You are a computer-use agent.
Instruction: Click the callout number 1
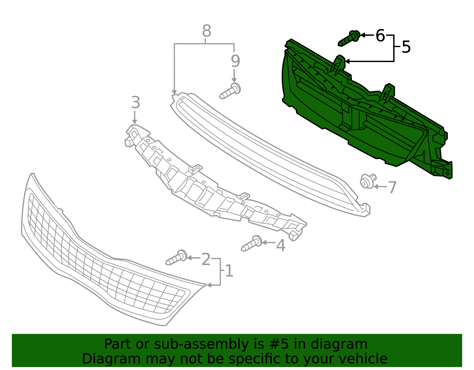[x=229, y=271]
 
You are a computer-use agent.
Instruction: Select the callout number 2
[x=206, y=259]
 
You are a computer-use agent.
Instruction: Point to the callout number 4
[x=281, y=245]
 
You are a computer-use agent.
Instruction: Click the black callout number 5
[x=406, y=47]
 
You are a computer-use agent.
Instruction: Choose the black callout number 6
[x=380, y=35]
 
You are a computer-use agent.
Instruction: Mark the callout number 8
[x=206, y=31]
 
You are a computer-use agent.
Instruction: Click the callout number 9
[x=235, y=61]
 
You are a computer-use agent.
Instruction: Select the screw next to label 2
[x=176, y=257]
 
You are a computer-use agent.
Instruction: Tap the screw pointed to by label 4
[x=252, y=244]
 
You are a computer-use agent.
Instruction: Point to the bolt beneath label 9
[x=230, y=91]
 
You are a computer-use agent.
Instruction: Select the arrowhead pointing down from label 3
[x=134, y=122]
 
